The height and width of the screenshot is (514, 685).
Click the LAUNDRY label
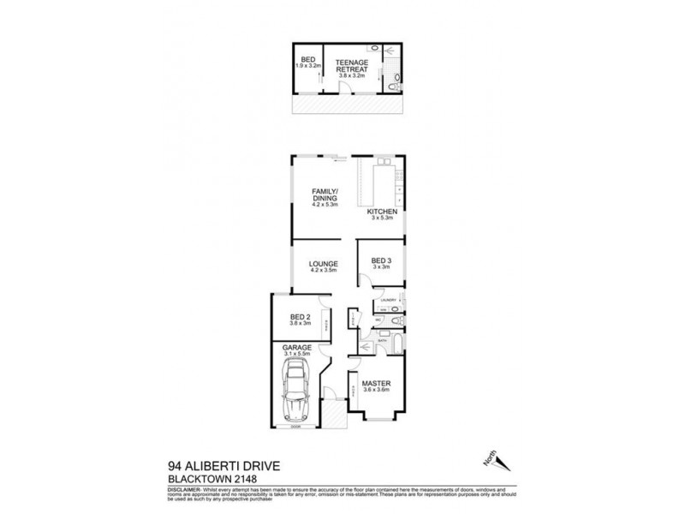(x=386, y=300)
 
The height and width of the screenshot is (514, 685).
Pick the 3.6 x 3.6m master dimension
(x=377, y=389)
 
